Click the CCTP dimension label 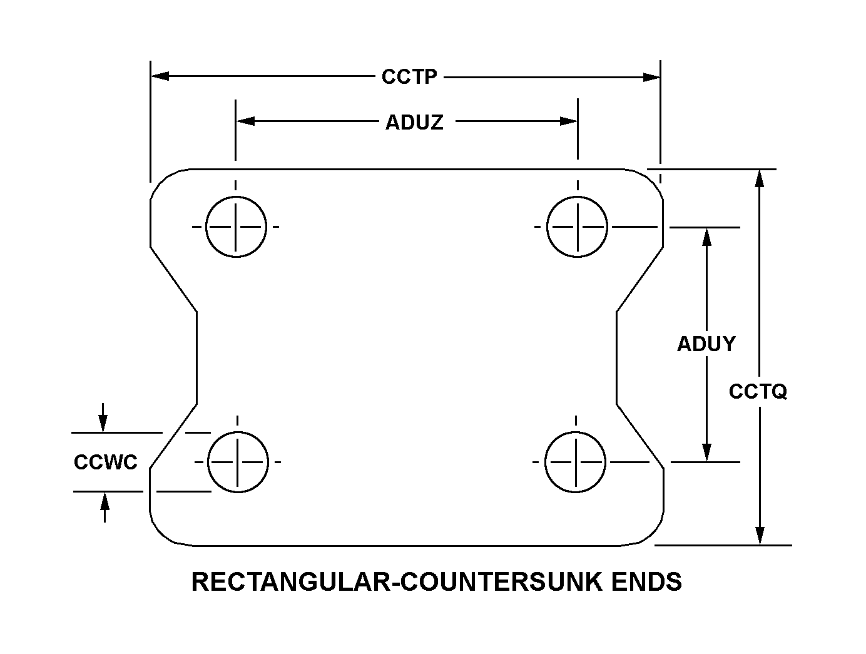pos(409,77)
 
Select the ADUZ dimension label pos(414,122)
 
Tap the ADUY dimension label pos(706,344)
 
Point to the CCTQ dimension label pos(758,392)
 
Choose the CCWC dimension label pos(105,462)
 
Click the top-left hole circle pos(236,227)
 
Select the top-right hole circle pos(577,227)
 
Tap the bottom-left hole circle pos(237,462)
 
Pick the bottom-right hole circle pos(576,462)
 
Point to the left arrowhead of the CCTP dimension pos(160,76)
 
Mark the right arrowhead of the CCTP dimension pos(652,78)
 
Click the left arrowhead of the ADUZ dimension pos(245,121)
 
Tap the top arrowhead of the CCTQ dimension pos(760,178)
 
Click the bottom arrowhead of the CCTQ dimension pos(760,536)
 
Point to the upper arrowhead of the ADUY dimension pos(707,237)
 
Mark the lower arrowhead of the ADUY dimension pos(707,452)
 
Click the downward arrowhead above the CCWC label pos(103,424)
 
